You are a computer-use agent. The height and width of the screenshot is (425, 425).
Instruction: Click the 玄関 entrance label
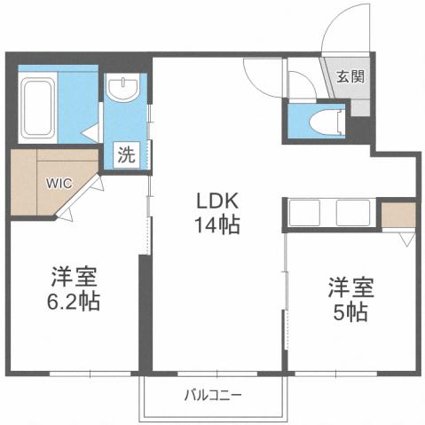[x=348, y=76]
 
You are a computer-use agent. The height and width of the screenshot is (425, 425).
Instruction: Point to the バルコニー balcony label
[x=214, y=395]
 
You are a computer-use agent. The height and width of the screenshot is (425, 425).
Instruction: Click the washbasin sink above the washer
[x=123, y=88]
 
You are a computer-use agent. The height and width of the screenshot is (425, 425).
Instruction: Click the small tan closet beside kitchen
[x=397, y=214]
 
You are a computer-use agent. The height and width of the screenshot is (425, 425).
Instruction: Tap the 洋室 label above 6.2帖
[x=74, y=275]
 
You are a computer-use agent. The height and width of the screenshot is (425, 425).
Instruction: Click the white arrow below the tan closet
[x=405, y=240]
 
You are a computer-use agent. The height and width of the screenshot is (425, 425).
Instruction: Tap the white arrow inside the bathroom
[x=89, y=130]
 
